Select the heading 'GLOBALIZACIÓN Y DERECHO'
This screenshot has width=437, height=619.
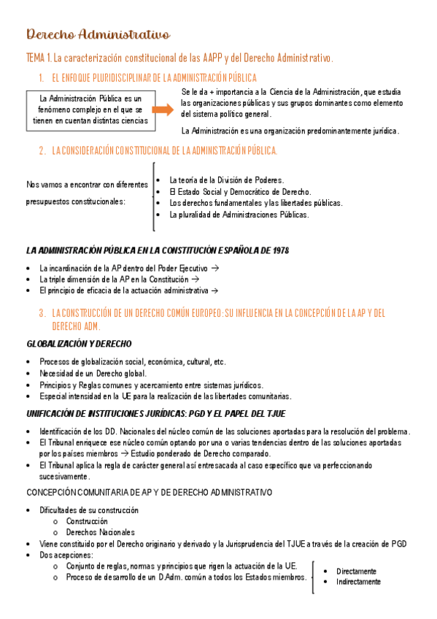click(x=80, y=343)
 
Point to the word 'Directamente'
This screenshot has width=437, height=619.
click(x=356, y=571)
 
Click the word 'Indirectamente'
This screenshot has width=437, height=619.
click(x=358, y=582)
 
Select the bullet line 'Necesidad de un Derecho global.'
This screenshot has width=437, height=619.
click(x=93, y=373)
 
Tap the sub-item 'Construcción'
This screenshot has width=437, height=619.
click(x=87, y=521)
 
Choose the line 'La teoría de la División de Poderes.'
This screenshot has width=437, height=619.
click(x=226, y=180)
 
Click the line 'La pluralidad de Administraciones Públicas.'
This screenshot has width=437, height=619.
click(x=239, y=215)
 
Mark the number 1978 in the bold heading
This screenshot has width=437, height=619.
click(x=277, y=250)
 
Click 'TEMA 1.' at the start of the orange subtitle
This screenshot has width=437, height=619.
click(x=39, y=57)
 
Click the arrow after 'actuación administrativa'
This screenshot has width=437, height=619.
click(x=214, y=291)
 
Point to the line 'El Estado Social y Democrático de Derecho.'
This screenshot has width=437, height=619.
click(x=240, y=191)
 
